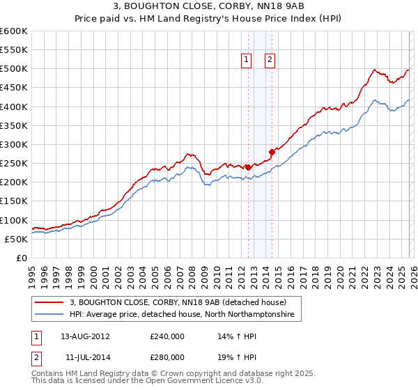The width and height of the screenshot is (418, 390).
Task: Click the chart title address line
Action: [208, 7]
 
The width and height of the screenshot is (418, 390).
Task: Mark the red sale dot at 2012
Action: [248, 167]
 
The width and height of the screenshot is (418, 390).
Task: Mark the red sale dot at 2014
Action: [272, 152]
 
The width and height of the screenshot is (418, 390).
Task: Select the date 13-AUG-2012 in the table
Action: [85, 336]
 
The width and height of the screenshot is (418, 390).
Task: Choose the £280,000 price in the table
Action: [167, 357]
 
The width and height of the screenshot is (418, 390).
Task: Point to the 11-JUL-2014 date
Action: [85, 357]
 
